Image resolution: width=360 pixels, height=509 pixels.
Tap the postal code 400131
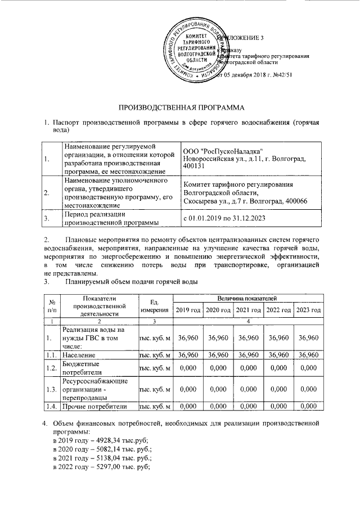(x=195, y=167)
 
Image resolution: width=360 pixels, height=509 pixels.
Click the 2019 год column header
(x=188, y=310)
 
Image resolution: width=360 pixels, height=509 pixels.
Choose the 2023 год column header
(x=308, y=310)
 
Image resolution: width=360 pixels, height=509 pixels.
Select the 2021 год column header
(x=248, y=310)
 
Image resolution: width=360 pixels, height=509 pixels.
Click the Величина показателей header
(x=248, y=298)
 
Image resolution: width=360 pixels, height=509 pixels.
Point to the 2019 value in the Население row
(x=188, y=355)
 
